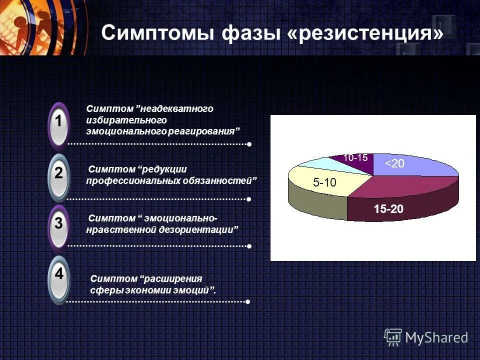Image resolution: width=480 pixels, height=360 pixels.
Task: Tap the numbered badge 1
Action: pyautogui.click(x=59, y=121)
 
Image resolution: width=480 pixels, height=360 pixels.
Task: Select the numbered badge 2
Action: pyautogui.click(x=59, y=174)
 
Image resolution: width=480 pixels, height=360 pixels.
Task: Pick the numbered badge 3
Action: pyautogui.click(x=59, y=223)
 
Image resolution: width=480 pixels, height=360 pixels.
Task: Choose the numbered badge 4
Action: pyautogui.click(x=59, y=274)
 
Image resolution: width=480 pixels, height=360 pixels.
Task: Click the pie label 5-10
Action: pyautogui.click(x=324, y=183)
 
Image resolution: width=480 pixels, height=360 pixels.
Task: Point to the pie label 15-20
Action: pyautogui.click(x=388, y=209)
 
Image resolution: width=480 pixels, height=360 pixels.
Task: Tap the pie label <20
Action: pyautogui.click(x=394, y=163)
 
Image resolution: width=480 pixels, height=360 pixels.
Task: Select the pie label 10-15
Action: pyautogui.click(x=355, y=157)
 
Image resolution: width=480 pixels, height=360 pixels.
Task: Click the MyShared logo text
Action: pyautogui.click(x=436, y=337)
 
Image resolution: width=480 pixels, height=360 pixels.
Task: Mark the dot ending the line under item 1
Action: pyautogui.click(x=248, y=144)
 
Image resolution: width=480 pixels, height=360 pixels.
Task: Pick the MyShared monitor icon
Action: pyautogui.click(x=393, y=337)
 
